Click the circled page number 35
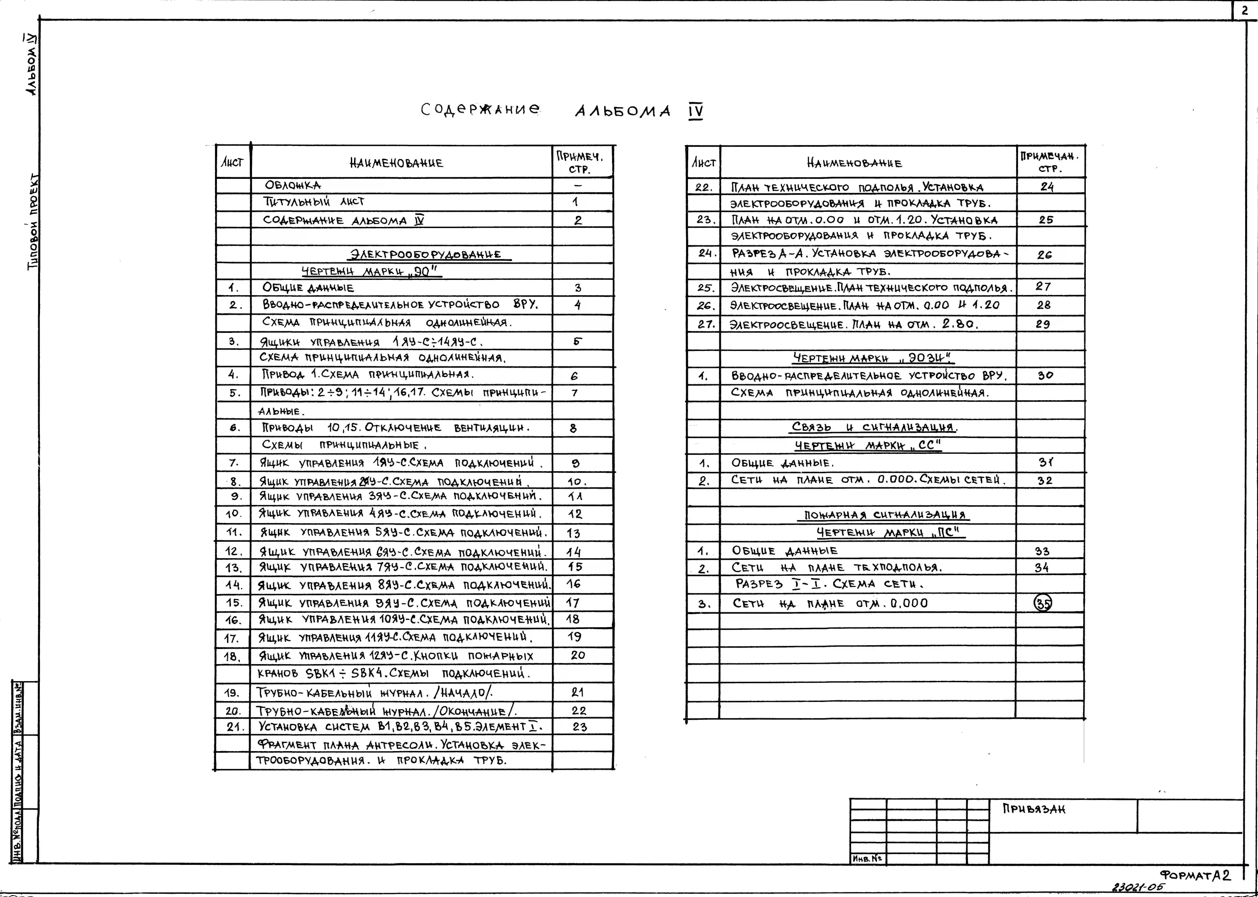[x=1043, y=603]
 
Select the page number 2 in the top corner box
[x=1245, y=11]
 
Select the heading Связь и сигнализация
[x=875, y=427]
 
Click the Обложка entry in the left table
[x=293, y=185]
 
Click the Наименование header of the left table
[x=396, y=163]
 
